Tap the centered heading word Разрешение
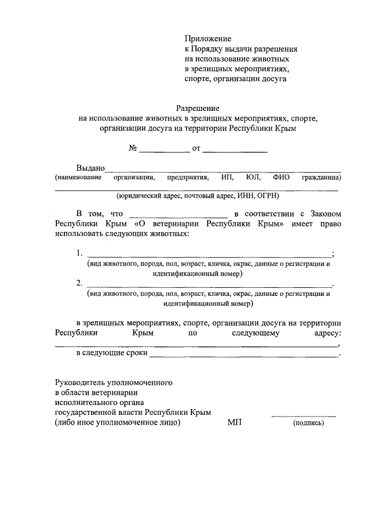click(198, 108)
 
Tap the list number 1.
click(79, 253)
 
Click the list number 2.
click(79, 283)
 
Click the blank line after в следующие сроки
click(244, 355)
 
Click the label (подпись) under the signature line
click(309, 423)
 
